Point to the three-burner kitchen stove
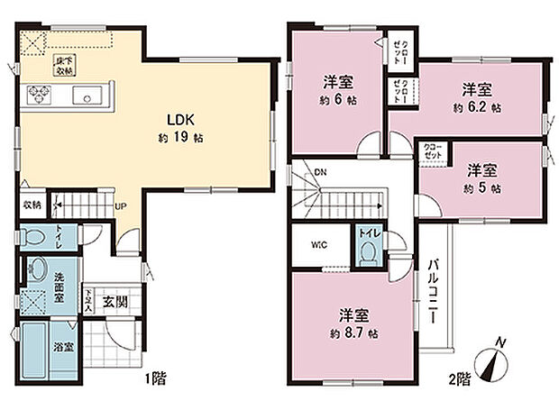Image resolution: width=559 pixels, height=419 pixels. pos(41,92)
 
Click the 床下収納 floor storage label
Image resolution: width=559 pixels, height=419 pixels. pos(66,65)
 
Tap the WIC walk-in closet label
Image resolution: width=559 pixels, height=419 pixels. pos(318,244)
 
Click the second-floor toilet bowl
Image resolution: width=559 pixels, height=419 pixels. pos(367,254)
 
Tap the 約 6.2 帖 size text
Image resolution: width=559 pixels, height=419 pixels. pos(478,106)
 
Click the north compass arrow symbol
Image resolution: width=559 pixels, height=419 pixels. pos(495,365)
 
